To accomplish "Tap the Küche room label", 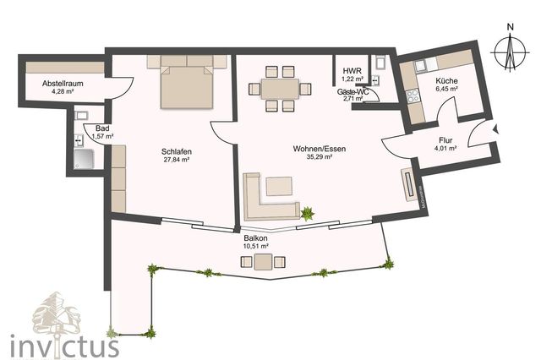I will [x=446, y=82].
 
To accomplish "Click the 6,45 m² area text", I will [x=446, y=90].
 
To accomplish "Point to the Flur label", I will [x=446, y=141].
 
